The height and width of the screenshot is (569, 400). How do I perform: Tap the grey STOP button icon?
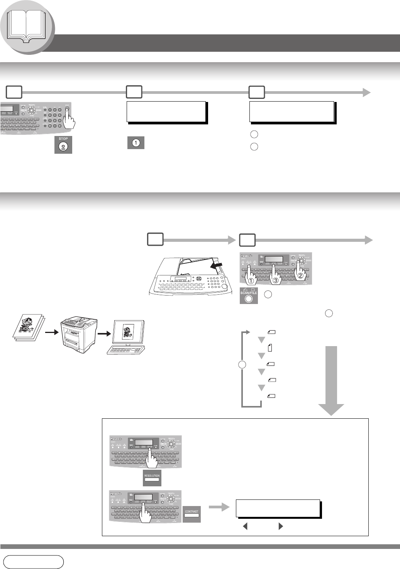tap(63, 144)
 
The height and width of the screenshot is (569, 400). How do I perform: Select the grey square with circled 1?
tap(136, 143)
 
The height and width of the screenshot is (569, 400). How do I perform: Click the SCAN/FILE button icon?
tap(249, 296)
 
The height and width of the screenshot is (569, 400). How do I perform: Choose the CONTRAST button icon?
tap(192, 514)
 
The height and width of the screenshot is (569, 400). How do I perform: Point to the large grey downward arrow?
tap(331, 380)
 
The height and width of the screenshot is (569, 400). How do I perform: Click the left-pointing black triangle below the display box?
tap(245, 526)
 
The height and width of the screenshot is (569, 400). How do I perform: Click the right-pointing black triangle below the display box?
tap(281, 526)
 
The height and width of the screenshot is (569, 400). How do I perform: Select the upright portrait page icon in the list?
tap(269, 347)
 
